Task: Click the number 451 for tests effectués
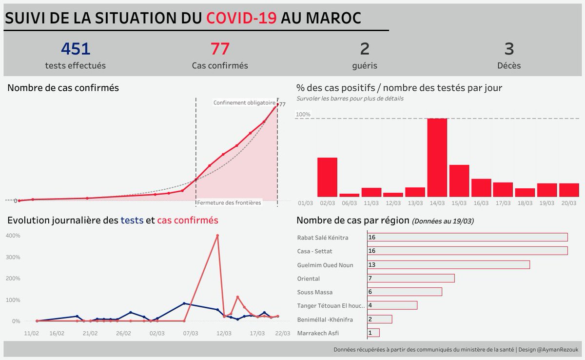pyautogui.click(x=76, y=49)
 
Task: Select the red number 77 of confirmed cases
pyautogui.click(x=220, y=49)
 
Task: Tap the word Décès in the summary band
pyautogui.click(x=509, y=65)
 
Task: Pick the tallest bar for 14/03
pyautogui.click(x=437, y=157)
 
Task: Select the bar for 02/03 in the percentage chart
pyautogui.click(x=327, y=177)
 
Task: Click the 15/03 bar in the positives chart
pyautogui.click(x=459, y=180)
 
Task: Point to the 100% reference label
pyautogui.click(x=303, y=115)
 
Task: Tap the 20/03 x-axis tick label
pyautogui.click(x=569, y=203)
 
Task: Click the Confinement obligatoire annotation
pyautogui.click(x=244, y=102)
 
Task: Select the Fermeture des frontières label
pyautogui.click(x=229, y=202)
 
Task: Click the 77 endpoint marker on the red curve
pyautogui.click(x=277, y=104)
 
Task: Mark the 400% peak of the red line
pyautogui.click(x=217, y=236)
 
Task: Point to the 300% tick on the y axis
pyautogui.click(x=13, y=257)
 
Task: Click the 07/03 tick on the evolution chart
pyautogui.click(x=190, y=334)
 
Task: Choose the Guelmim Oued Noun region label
pyautogui.click(x=325, y=265)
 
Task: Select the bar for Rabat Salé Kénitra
pyautogui.click(x=467, y=237)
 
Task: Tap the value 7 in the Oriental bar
pyautogui.click(x=370, y=279)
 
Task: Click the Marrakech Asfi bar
pyautogui.click(x=373, y=333)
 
